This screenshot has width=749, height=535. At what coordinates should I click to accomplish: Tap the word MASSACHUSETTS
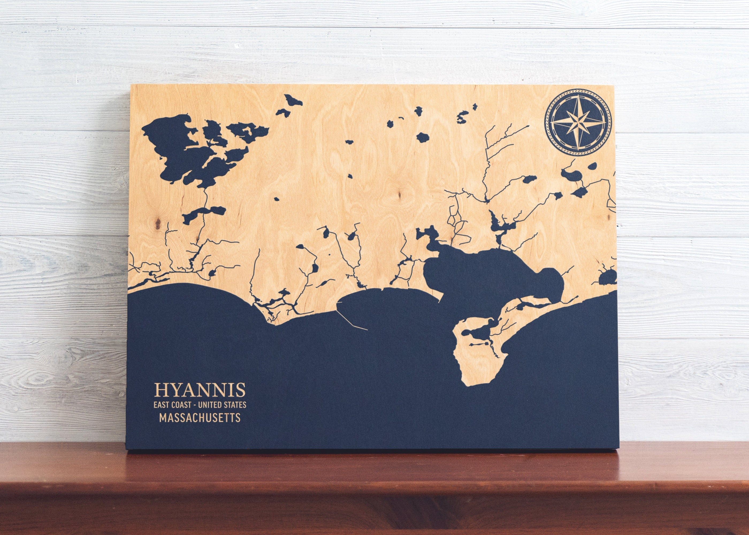click(x=200, y=418)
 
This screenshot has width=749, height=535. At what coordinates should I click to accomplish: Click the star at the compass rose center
click(x=578, y=127)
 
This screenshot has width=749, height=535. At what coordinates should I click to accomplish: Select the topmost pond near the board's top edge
click(x=293, y=100)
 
